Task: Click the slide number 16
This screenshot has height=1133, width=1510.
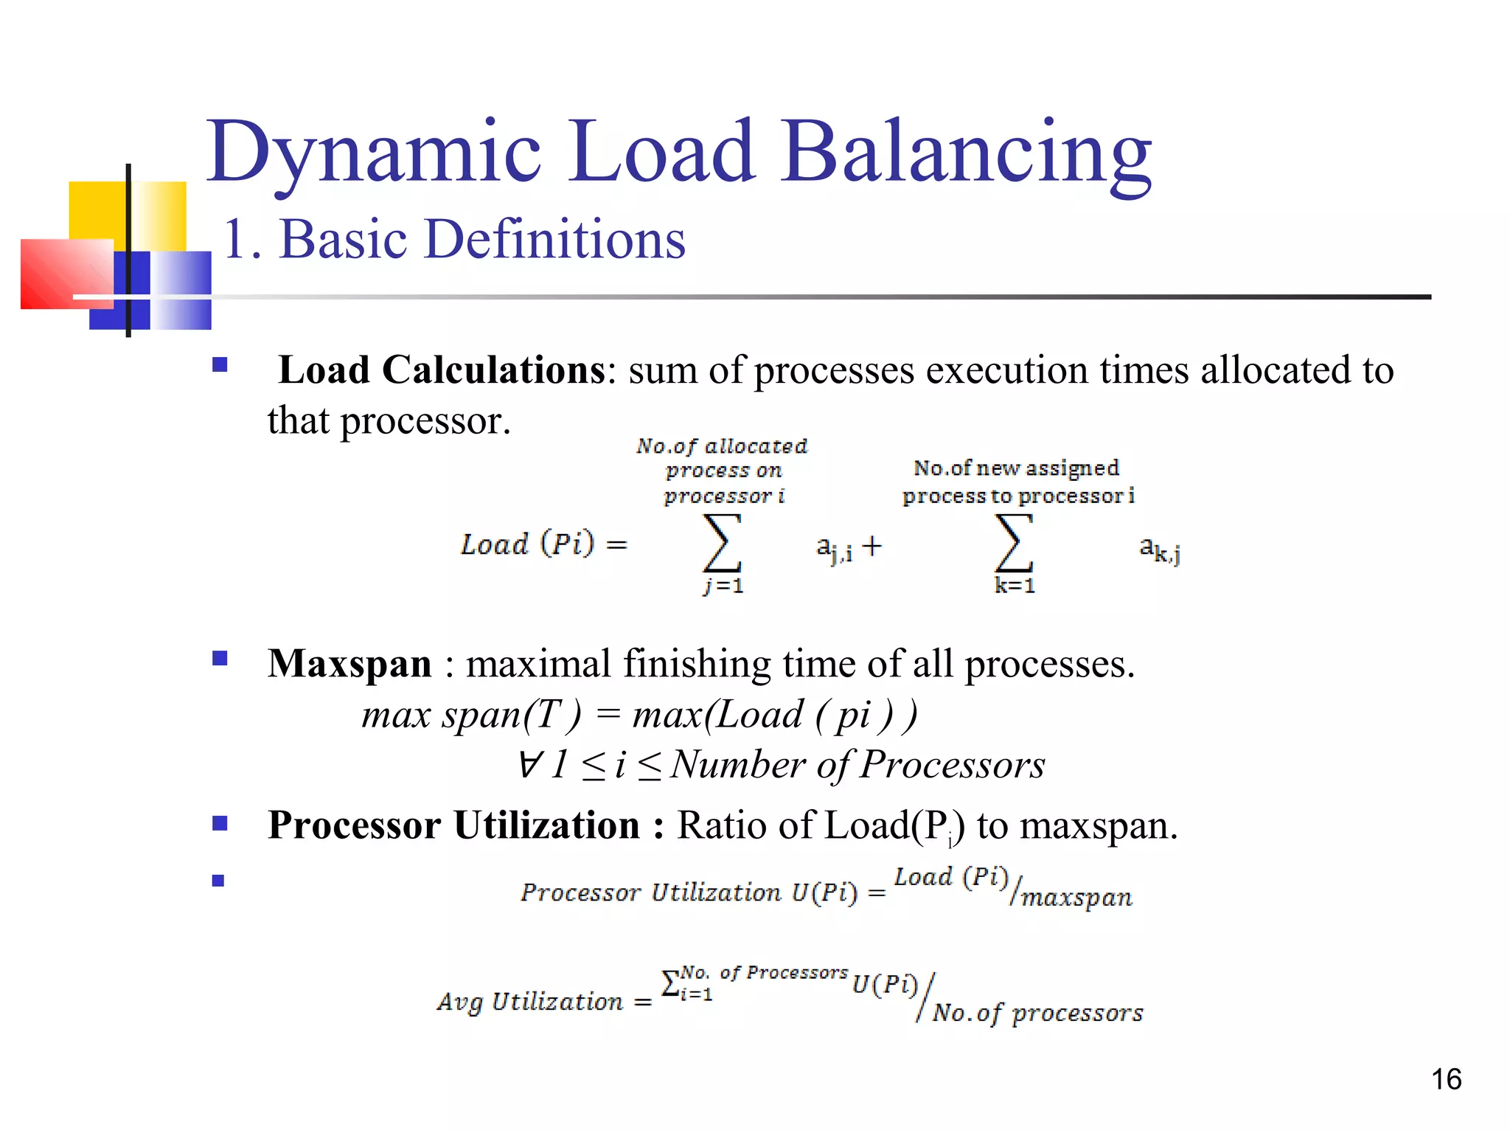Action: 1446,1079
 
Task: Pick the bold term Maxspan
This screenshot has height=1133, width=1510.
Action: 349,663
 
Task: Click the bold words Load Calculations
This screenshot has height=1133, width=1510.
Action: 442,370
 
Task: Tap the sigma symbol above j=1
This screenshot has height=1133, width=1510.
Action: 722,544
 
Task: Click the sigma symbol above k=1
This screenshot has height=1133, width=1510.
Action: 1014,544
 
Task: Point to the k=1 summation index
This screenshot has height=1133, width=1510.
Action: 1015,586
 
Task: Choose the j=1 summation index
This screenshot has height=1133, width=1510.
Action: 723,586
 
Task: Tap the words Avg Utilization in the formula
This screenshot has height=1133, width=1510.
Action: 529,1002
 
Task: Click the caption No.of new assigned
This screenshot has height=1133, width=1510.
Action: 1016,468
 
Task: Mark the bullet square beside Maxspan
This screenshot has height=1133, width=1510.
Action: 220,658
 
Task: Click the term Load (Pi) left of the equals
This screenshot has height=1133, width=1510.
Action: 526,544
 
